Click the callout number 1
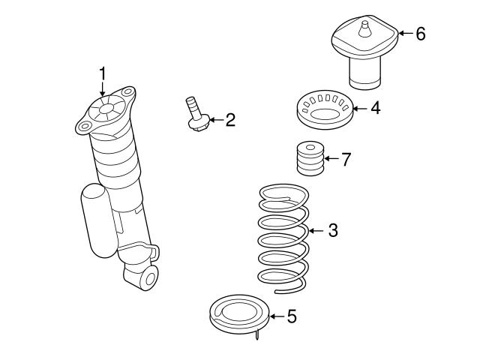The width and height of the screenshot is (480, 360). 103,73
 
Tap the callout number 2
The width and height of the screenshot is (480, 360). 229,119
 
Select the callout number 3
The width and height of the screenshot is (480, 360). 332,230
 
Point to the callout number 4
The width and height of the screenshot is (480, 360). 375,108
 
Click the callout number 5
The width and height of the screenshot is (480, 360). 292,316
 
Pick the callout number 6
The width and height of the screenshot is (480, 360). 420,33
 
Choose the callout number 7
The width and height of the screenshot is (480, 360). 345,159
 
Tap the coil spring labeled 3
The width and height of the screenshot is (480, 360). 283,236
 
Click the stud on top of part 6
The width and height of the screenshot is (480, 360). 365,28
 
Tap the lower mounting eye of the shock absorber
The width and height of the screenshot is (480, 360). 147,278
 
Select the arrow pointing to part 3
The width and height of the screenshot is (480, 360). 315,230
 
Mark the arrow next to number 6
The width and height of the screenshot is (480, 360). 403,33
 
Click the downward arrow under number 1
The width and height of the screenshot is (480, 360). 103,90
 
